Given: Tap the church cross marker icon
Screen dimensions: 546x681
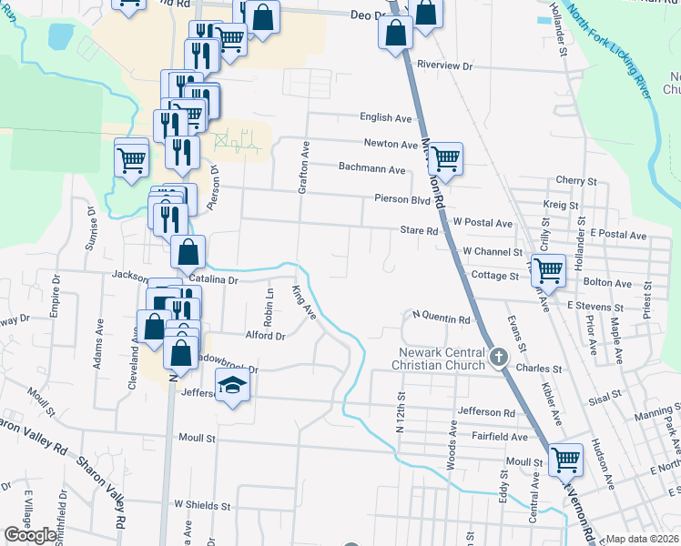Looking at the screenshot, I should point(499,357).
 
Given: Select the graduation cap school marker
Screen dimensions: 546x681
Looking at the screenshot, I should point(232,385).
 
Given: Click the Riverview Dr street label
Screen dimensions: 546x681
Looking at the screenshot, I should point(445,66).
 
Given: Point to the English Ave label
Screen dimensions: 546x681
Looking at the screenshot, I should point(386,117).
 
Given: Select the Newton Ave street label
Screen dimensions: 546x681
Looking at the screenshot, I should point(391,144).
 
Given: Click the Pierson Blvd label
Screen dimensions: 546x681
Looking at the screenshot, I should point(401,198).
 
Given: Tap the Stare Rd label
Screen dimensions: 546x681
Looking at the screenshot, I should point(419,231).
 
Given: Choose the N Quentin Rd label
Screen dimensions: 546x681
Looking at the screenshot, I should point(441,319).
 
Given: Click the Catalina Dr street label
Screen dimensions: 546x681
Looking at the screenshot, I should point(213,280).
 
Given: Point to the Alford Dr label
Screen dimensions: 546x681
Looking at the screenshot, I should point(266,336).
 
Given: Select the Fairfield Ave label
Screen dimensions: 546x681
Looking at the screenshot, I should point(501,436).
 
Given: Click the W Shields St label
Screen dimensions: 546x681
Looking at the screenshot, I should point(203,504).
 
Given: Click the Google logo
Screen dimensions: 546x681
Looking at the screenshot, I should point(30,535).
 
